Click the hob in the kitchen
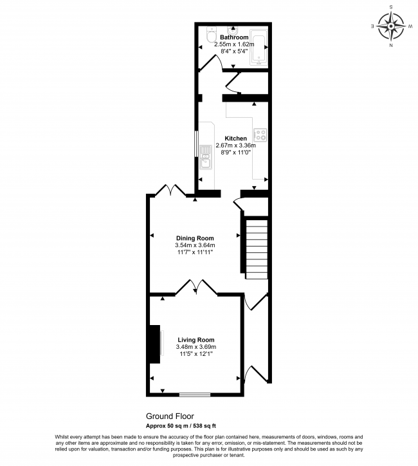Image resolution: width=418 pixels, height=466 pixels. click(261, 135)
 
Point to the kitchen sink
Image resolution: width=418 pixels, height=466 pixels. click(206, 156)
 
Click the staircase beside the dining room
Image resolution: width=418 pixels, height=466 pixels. click(257, 248)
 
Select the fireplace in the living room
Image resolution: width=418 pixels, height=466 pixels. click(155, 344)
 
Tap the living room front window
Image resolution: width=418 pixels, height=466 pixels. click(195, 394)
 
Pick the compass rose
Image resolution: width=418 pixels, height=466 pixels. click(390, 26)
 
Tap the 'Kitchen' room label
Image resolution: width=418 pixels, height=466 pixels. click(235, 139)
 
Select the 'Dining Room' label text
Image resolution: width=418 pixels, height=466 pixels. click(194, 238)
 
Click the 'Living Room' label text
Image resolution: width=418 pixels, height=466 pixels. click(195, 340)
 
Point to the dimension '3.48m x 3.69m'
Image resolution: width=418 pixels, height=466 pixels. click(195, 348)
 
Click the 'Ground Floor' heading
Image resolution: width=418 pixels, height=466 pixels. click(170, 416)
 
